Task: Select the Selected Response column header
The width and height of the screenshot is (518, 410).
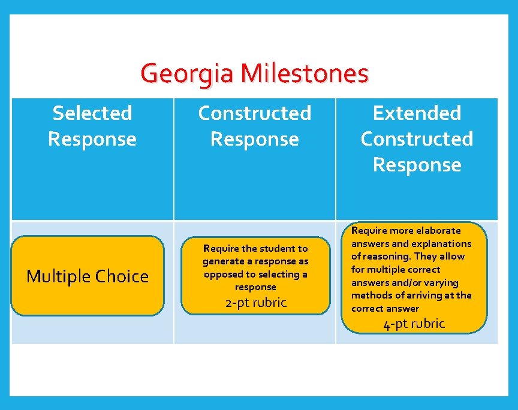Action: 92,126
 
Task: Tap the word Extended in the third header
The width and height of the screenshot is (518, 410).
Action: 417,113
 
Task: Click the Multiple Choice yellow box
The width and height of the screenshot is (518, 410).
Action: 88,276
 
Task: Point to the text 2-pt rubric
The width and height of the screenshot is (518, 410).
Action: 255,303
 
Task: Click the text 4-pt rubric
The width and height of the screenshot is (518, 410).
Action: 414,324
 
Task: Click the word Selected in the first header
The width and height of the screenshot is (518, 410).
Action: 92,113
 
